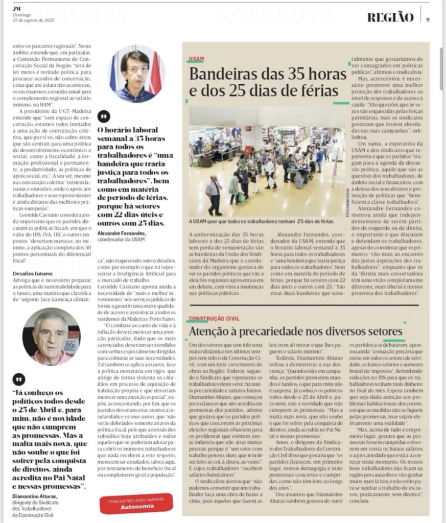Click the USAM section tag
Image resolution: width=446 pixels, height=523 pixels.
point(197,59)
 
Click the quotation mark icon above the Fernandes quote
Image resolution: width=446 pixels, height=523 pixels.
point(104,116)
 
